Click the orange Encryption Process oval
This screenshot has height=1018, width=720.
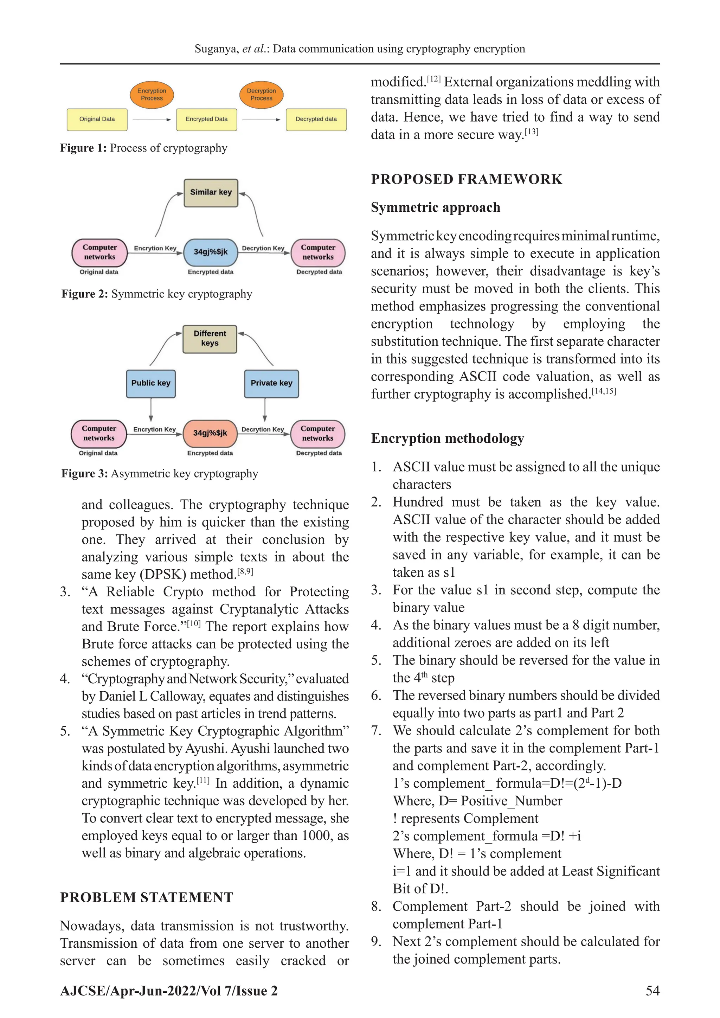coord(152,95)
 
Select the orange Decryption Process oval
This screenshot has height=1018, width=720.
coord(261,95)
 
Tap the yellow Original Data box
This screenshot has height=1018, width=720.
coord(97,119)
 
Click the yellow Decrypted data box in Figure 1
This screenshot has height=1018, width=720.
coord(316,119)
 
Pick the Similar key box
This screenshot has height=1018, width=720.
coord(211,192)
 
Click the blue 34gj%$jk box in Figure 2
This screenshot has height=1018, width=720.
coord(211,252)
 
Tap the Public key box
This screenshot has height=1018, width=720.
coord(151,383)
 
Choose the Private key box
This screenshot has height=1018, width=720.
coord(271,383)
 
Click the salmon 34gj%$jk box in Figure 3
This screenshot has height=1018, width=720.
coord(210,433)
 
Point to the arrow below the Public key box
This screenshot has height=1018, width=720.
coord(151,409)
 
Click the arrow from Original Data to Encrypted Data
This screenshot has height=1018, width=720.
coord(152,120)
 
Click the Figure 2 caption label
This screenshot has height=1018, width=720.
coord(84,294)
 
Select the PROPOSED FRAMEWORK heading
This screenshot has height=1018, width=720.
coord(467,179)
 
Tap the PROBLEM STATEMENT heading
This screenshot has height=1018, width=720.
coord(146,897)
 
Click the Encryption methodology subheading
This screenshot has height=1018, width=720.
coord(447,438)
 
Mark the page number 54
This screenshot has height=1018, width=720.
coord(652,991)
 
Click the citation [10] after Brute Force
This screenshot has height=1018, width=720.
coord(194,623)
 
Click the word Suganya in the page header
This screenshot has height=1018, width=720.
coord(216,49)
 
